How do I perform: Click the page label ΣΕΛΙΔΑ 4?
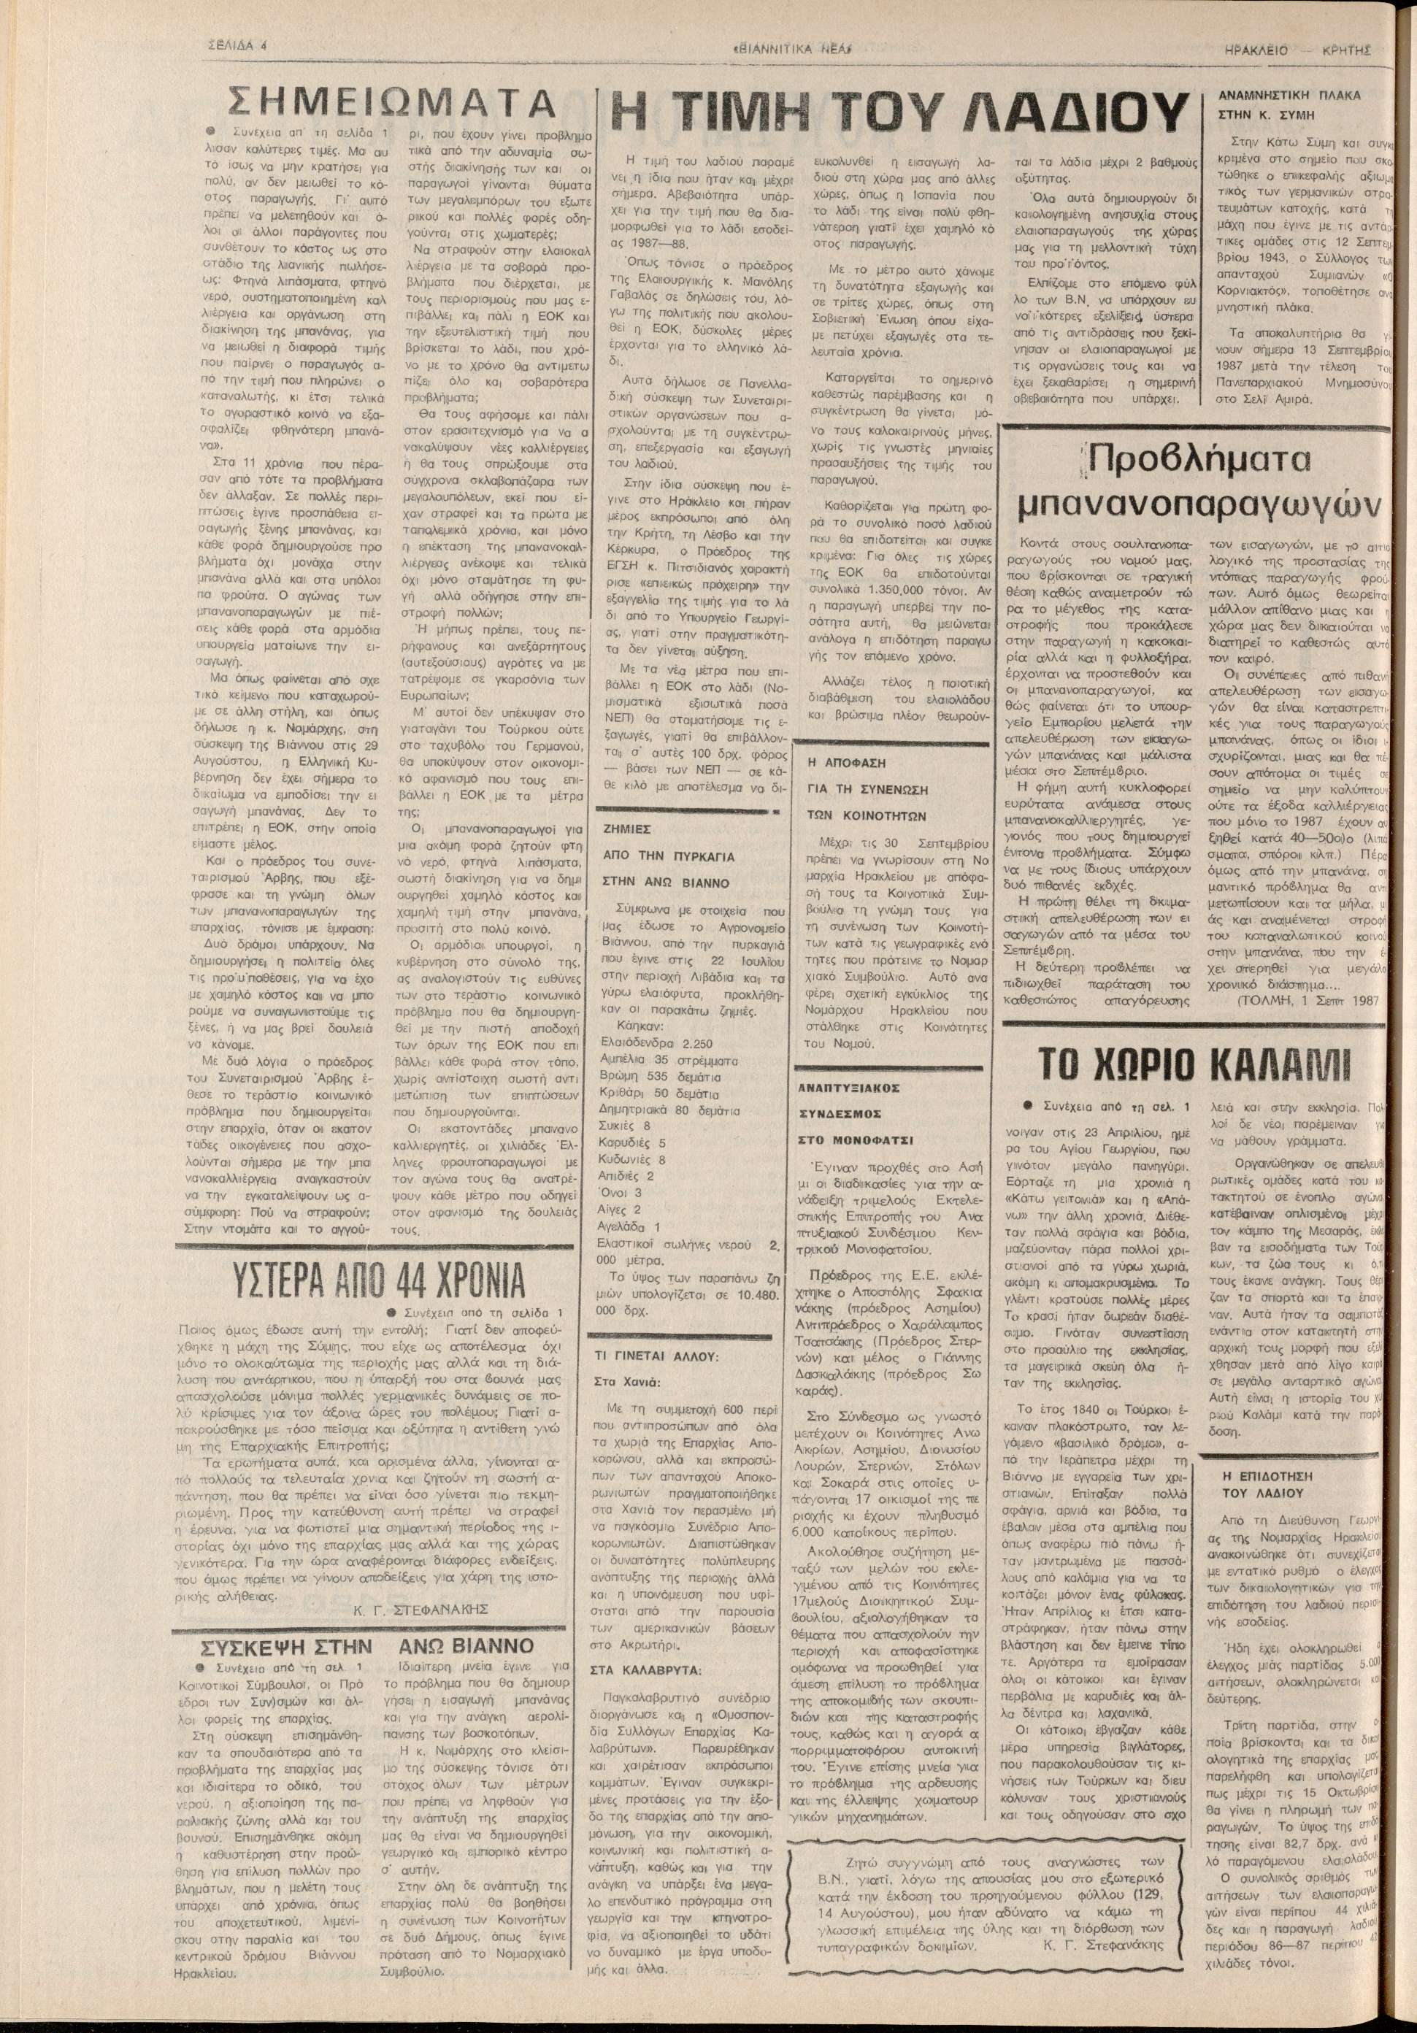(237, 48)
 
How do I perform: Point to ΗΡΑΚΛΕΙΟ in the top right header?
(1258, 50)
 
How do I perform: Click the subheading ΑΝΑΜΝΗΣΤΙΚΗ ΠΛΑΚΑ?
(1289, 94)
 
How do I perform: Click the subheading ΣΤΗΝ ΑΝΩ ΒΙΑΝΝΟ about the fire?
(665, 883)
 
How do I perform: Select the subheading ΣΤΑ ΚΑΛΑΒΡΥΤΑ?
(645, 1670)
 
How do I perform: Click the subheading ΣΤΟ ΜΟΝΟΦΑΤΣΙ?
(843, 1140)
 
